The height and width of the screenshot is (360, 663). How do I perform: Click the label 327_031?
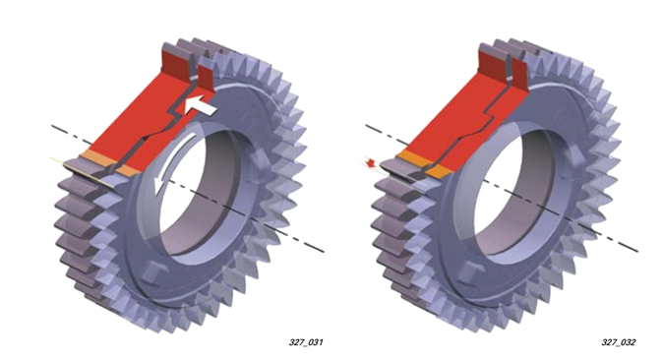coord(306,342)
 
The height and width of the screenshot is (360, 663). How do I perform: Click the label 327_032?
coord(619,342)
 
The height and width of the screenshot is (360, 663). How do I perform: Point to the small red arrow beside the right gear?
coord(372,163)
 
